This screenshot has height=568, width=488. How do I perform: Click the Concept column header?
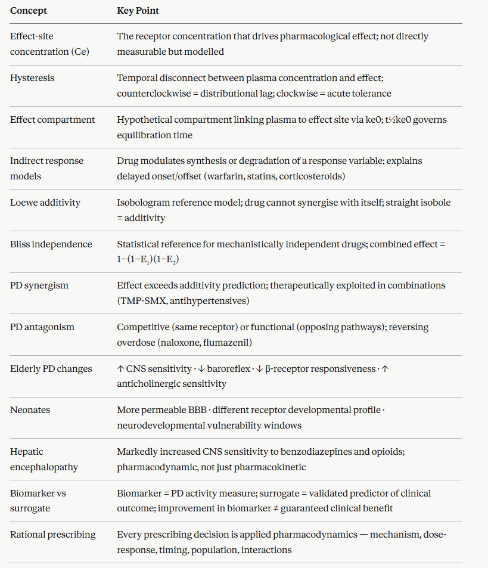click(29, 11)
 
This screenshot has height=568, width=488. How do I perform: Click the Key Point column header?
click(138, 11)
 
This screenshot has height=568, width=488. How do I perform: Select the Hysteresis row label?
click(32, 78)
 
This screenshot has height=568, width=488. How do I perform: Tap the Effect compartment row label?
click(52, 120)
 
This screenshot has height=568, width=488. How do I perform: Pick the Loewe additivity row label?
click(45, 203)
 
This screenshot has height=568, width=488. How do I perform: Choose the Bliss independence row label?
click(51, 244)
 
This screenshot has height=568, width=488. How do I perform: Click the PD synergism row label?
click(39, 285)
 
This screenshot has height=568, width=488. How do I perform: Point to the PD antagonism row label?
click(42, 327)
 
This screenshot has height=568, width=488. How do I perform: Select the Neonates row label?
click(29, 410)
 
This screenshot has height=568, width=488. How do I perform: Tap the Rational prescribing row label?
click(53, 535)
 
